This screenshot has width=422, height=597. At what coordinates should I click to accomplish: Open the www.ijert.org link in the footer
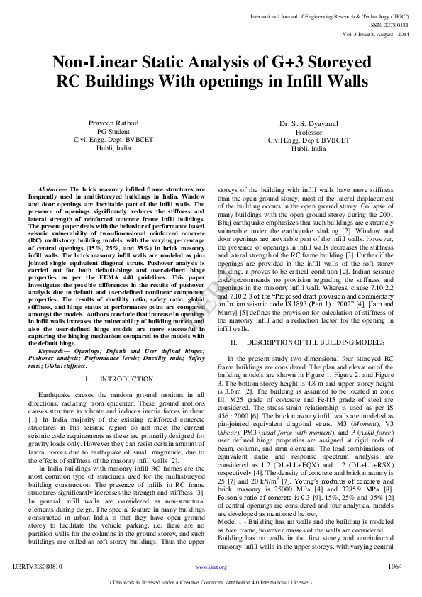pyautogui.click(x=211, y=567)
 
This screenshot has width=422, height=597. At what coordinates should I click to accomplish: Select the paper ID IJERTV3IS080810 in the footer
pyautogui.click(x=38, y=567)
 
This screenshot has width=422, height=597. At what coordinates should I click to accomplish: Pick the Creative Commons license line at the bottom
pyautogui.click(x=211, y=583)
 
